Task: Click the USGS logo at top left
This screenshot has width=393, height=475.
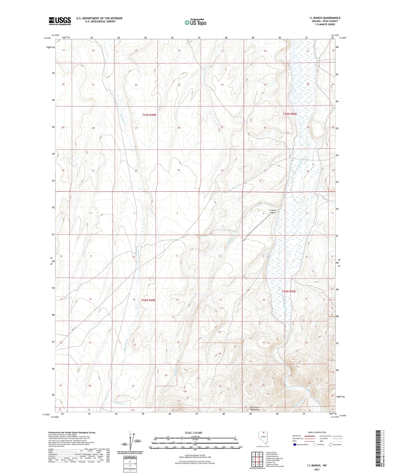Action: [x=60, y=21]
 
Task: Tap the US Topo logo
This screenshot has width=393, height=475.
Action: [x=195, y=23]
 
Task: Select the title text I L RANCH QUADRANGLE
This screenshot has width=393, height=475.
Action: [x=325, y=18]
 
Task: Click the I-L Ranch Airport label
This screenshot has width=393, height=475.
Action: [x=272, y=211]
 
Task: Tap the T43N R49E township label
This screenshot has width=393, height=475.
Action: [x=149, y=115]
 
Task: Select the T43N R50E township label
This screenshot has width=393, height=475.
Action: [x=290, y=114]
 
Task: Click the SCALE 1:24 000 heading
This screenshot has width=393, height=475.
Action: [x=193, y=433]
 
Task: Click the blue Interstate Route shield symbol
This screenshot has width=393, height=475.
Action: [x=295, y=445]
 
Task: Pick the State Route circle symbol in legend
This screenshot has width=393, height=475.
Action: [x=331, y=445]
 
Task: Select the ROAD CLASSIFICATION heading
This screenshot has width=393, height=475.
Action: [x=317, y=432]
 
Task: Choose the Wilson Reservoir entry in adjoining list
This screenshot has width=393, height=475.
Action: [x=272, y=456]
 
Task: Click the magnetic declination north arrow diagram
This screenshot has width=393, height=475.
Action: [x=130, y=441]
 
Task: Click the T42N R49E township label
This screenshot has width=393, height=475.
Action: [x=148, y=300]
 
